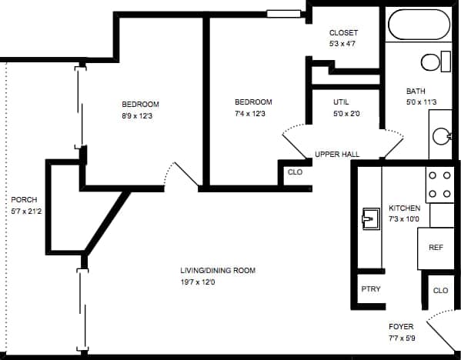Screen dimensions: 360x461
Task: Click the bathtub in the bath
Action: coord(419,24)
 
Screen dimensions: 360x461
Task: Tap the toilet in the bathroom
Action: coord(435,62)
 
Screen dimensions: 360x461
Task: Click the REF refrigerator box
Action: coord(436,248)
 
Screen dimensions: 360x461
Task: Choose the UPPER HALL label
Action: coord(337,155)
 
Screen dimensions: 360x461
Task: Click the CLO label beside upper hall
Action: coord(295,172)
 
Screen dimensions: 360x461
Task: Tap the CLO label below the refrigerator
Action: coord(440,290)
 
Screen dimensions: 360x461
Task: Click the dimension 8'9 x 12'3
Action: coord(140,115)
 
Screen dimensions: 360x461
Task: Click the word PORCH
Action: coord(25,199)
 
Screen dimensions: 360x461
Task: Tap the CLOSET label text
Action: coord(343,32)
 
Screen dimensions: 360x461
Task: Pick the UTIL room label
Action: coord(341,102)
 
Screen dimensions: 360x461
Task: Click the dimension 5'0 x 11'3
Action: coord(422,102)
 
